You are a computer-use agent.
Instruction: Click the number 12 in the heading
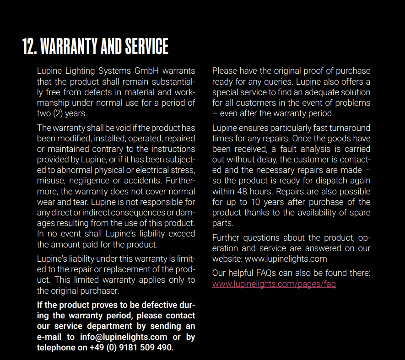(29, 46)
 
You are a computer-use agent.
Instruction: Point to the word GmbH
(147, 71)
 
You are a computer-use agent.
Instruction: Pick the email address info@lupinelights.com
(124, 337)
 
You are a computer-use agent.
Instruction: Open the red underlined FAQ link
(274, 284)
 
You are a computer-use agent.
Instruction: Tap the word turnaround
(348, 128)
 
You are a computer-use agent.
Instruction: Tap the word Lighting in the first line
(81, 71)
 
